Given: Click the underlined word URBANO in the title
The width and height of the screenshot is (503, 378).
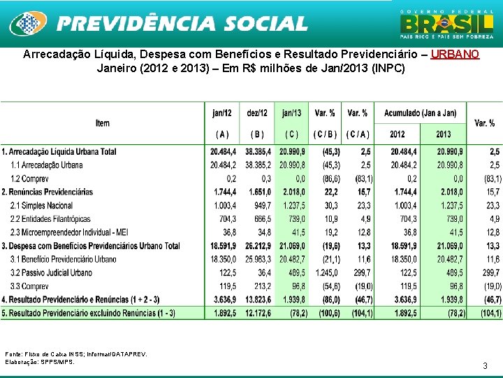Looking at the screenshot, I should tap(455, 55).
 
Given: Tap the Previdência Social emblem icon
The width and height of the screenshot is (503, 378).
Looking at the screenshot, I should tap(27, 24).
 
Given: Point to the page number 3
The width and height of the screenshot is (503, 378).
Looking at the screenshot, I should tap(485, 365).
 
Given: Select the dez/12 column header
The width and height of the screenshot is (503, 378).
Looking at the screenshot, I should tap(257, 113).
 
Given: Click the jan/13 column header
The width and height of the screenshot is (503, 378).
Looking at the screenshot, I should tap(292, 113).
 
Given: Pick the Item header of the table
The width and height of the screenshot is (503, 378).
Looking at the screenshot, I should tap(103, 123).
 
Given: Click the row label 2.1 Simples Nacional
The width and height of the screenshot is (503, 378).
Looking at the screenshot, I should tap(41, 206).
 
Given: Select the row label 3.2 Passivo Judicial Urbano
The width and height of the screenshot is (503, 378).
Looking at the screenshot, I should tap(53, 273).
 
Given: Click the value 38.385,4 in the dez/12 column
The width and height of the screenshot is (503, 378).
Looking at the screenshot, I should tap(257, 152).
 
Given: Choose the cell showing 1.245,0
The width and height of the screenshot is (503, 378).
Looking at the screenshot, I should tap(326, 273).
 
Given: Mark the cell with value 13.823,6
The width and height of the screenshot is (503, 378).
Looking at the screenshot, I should tap(257, 300).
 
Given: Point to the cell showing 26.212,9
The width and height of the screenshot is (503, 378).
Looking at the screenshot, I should tap(257, 246).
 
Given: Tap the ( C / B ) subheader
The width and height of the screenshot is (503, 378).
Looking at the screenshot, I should tap(325, 134).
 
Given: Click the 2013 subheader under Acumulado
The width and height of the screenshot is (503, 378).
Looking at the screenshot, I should tap(443, 134).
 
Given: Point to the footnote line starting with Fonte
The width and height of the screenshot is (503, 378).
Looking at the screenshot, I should tap(76, 354).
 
